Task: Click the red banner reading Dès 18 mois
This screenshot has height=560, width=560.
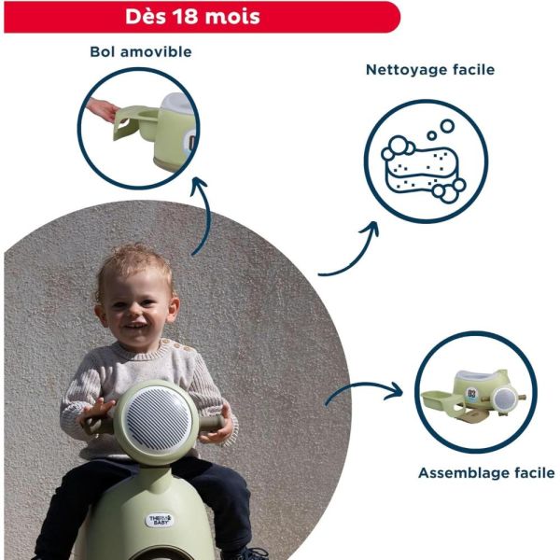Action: [200, 17]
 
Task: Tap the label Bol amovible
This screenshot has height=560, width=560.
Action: [141, 51]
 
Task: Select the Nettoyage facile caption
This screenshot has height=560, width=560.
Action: [430, 70]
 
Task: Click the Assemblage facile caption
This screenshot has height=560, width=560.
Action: [486, 473]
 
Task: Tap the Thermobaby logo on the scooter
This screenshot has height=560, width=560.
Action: [161, 520]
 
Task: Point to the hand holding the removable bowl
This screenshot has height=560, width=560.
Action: [101, 110]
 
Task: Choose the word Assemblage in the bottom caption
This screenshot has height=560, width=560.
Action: [462, 473]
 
